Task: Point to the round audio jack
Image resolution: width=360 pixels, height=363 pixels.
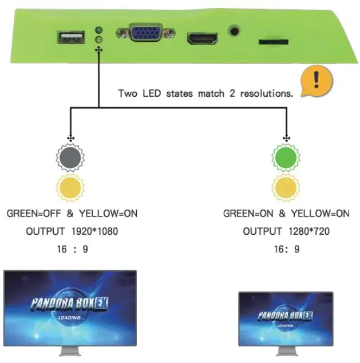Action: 234,31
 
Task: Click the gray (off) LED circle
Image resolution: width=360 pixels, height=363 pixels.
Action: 70,157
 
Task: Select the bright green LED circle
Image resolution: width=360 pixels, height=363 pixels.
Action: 285,157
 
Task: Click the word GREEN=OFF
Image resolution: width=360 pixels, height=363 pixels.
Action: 34,214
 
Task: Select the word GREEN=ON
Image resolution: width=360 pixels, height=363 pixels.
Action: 248,214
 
